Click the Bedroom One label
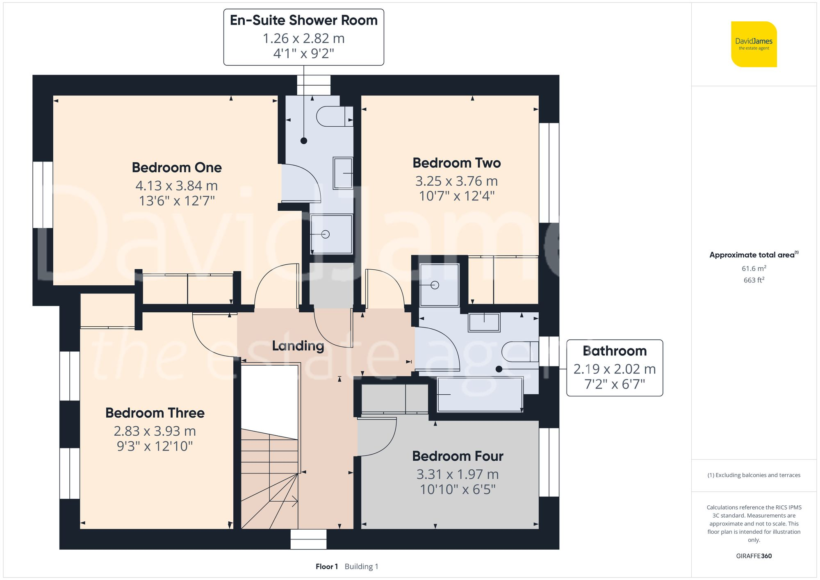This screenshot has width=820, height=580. pos(177,168)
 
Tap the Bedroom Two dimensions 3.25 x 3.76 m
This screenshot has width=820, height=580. pos(456,181)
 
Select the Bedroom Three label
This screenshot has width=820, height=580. pos(155,413)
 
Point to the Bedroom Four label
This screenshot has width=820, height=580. pos(458,456)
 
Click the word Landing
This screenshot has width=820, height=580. pos(298,346)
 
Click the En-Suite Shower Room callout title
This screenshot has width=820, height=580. pos(303,20)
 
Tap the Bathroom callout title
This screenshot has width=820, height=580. pos(614,351)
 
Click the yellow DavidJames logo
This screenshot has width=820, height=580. pos(754,44)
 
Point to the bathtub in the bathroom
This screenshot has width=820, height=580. pos(480,394)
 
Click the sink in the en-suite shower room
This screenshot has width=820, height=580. pos(343,173)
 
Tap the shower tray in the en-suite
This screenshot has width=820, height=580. pos(331,234)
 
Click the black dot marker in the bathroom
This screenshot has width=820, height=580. pos(499,369)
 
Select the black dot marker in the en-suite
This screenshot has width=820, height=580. pos(304,141)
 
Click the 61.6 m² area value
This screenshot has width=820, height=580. pos(754,268)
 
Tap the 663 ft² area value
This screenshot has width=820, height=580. pos(754,280)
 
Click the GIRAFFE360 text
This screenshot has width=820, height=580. pos(754,556)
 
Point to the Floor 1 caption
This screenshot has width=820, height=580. pos(326,566)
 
